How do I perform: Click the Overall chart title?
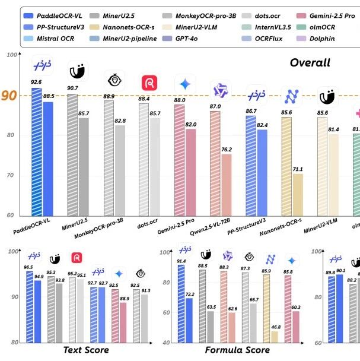310,63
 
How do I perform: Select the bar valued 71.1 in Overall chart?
298,194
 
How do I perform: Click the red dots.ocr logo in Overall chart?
149,84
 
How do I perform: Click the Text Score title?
86,350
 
